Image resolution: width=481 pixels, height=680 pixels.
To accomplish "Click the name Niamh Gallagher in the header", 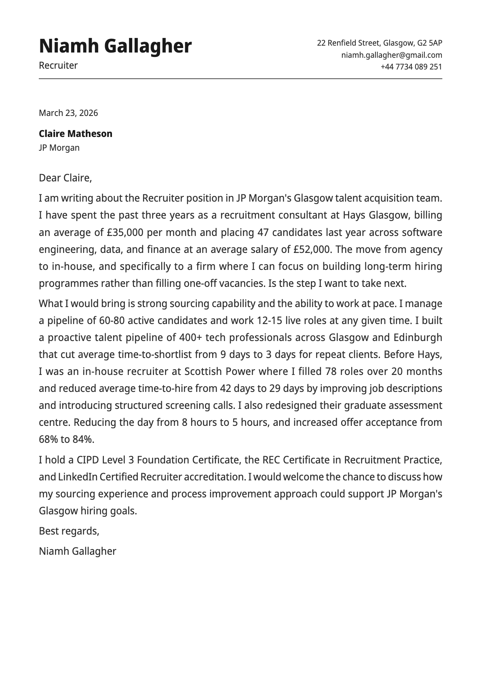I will (115, 46).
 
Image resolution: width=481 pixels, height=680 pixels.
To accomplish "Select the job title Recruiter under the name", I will (58, 65).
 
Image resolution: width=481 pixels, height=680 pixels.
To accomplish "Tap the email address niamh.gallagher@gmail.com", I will (391, 55).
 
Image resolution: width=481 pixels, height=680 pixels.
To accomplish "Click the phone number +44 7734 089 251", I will (411, 67).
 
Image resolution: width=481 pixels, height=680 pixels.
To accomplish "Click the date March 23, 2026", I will (68, 113).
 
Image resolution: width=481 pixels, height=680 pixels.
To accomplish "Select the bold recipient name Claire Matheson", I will (76, 134).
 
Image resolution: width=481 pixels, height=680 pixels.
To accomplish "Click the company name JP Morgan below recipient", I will (59, 148).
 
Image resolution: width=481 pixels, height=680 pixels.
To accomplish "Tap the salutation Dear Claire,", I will (65, 178).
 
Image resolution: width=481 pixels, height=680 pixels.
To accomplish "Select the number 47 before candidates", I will (263, 233).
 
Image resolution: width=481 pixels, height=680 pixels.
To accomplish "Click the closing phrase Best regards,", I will (69, 531).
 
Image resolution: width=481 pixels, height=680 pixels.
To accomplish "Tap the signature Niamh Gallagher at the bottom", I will (78, 551).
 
